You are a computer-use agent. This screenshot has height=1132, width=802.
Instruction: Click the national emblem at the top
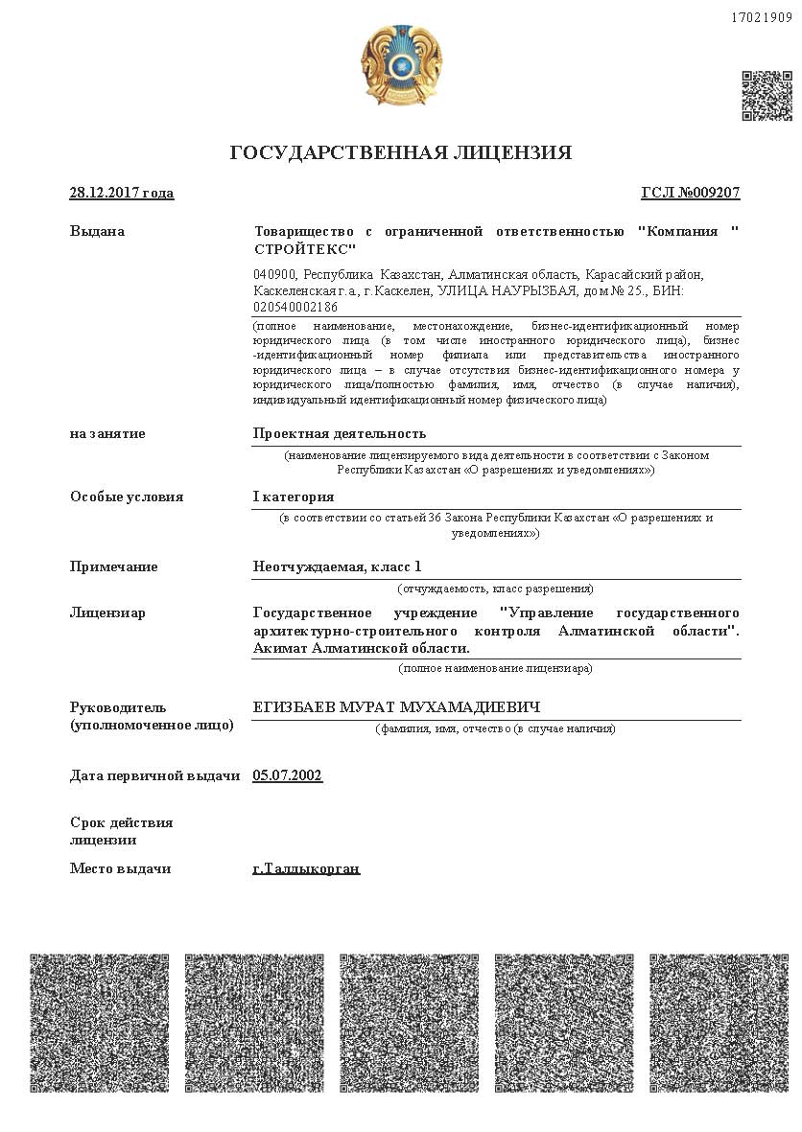click(401, 67)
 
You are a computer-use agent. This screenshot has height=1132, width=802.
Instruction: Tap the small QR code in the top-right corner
click(767, 95)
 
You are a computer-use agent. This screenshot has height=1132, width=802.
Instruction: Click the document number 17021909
click(762, 17)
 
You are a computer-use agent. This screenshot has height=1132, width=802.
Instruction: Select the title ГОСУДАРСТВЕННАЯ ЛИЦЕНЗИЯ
click(401, 153)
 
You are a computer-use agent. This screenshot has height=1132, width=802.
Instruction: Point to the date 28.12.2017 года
click(122, 193)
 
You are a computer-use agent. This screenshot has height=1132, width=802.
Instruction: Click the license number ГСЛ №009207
click(691, 193)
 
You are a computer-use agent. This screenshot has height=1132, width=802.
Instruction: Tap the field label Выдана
click(97, 231)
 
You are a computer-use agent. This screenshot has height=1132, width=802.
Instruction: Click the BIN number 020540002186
click(295, 308)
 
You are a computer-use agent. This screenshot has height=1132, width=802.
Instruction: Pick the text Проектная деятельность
click(340, 433)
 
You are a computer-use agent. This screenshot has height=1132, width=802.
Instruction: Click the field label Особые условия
click(127, 497)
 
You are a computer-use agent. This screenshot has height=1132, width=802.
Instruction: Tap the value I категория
click(294, 497)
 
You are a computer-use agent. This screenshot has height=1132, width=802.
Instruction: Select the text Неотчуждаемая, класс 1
click(337, 566)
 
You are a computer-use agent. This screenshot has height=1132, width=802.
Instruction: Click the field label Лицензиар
click(107, 612)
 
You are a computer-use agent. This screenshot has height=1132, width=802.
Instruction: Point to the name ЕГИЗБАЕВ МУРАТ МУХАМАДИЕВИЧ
click(396, 707)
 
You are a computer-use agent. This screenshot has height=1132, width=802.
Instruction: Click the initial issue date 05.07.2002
click(288, 775)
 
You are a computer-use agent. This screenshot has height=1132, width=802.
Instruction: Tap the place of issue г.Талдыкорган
click(306, 868)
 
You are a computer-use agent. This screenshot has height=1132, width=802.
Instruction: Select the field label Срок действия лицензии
click(121, 831)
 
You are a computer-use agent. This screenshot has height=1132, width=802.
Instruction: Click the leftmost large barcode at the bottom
click(99, 1023)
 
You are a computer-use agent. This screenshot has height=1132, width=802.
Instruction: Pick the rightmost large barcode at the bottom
click(719, 1023)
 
